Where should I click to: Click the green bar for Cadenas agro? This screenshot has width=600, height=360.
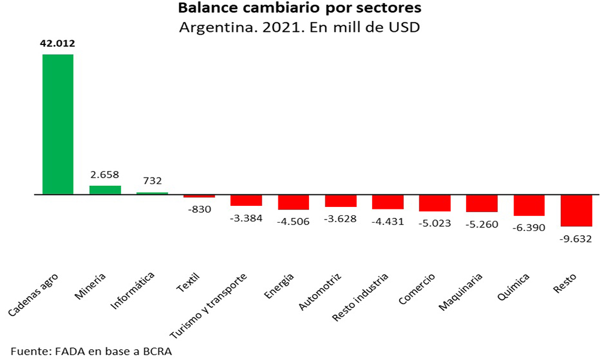(58, 124)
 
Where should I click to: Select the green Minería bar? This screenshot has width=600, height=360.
(105, 190)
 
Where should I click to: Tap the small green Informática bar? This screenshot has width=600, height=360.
(152, 193)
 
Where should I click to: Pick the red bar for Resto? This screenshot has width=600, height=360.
(576, 211)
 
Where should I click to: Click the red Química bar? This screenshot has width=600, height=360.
(529, 205)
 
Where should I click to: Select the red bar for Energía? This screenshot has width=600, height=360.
(293, 202)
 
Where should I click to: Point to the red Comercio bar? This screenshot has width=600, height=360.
(435, 203)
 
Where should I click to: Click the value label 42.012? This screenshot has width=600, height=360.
(58, 44)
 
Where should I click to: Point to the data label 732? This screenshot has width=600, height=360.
(152, 181)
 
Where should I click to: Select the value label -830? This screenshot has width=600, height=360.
(199, 209)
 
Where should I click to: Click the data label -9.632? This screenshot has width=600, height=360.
(575, 238)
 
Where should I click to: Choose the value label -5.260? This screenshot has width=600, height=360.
(481, 224)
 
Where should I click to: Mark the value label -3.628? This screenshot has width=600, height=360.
(340, 218)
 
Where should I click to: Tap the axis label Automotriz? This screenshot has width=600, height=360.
(320, 292)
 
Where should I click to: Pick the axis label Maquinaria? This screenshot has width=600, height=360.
(461, 292)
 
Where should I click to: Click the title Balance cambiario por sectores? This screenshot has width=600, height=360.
(300, 10)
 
